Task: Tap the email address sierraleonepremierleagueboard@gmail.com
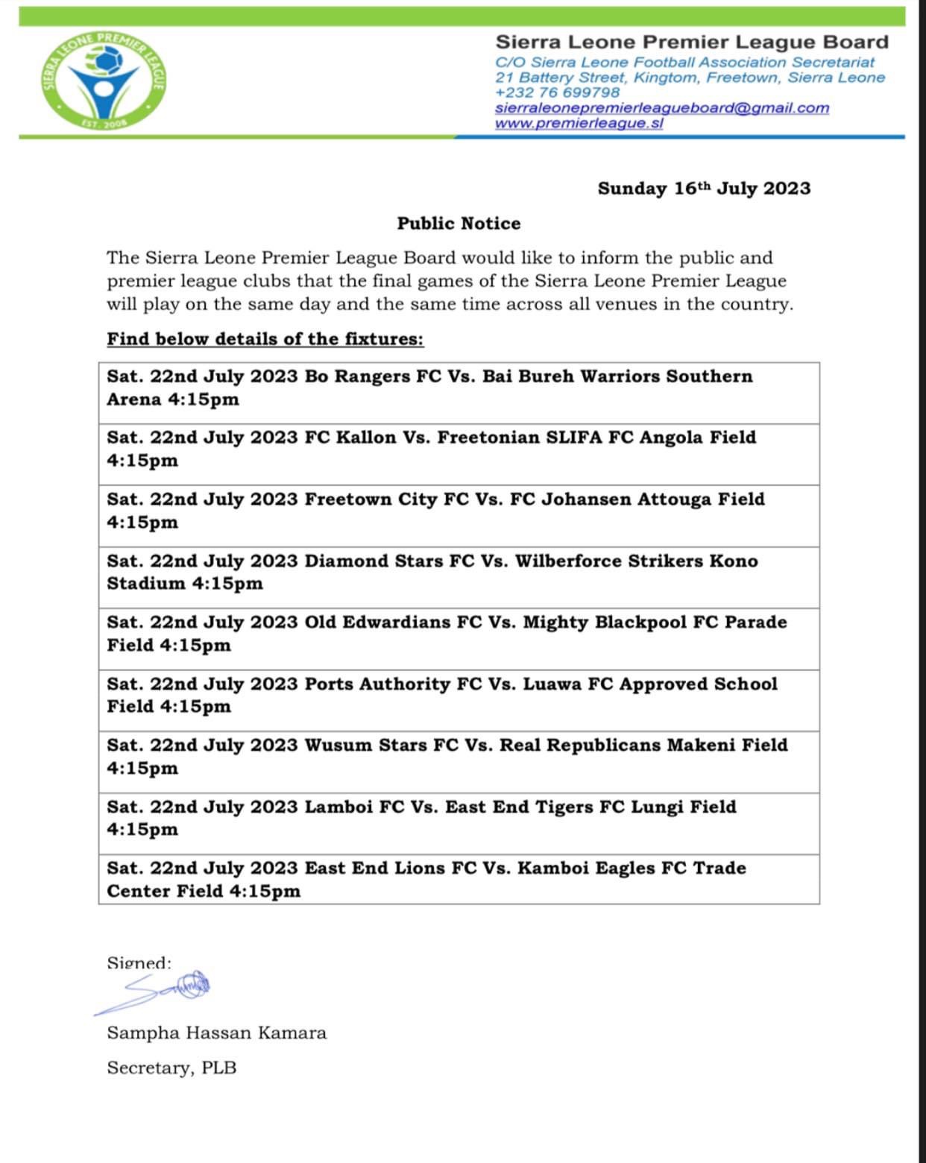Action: click(x=662, y=107)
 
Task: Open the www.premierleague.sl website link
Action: click(x=579, y=123)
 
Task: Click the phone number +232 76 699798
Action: click(x=557, y=92)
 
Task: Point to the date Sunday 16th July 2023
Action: click(x=704, y=188)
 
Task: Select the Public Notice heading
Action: click(x=459, y=224)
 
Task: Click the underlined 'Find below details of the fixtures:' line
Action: click(x=265, y=339)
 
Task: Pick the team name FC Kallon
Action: click(x=350, y=437)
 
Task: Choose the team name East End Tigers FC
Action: click(x=535, y=807)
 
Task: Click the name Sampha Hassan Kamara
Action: click(x=217, y=1033)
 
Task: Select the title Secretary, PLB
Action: click(x=171, y=1068)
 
